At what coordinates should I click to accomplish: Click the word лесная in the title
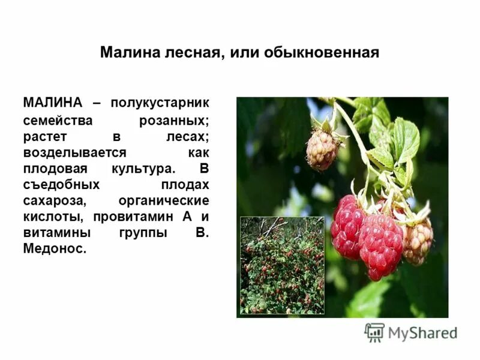(x=190, y=53)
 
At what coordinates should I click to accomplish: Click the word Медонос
(x=55, y=248)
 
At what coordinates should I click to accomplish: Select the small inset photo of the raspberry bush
(x=282, y=265)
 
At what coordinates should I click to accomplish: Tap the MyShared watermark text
(x=423, y=333)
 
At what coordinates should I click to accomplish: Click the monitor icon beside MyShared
(x=375, y=332)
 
